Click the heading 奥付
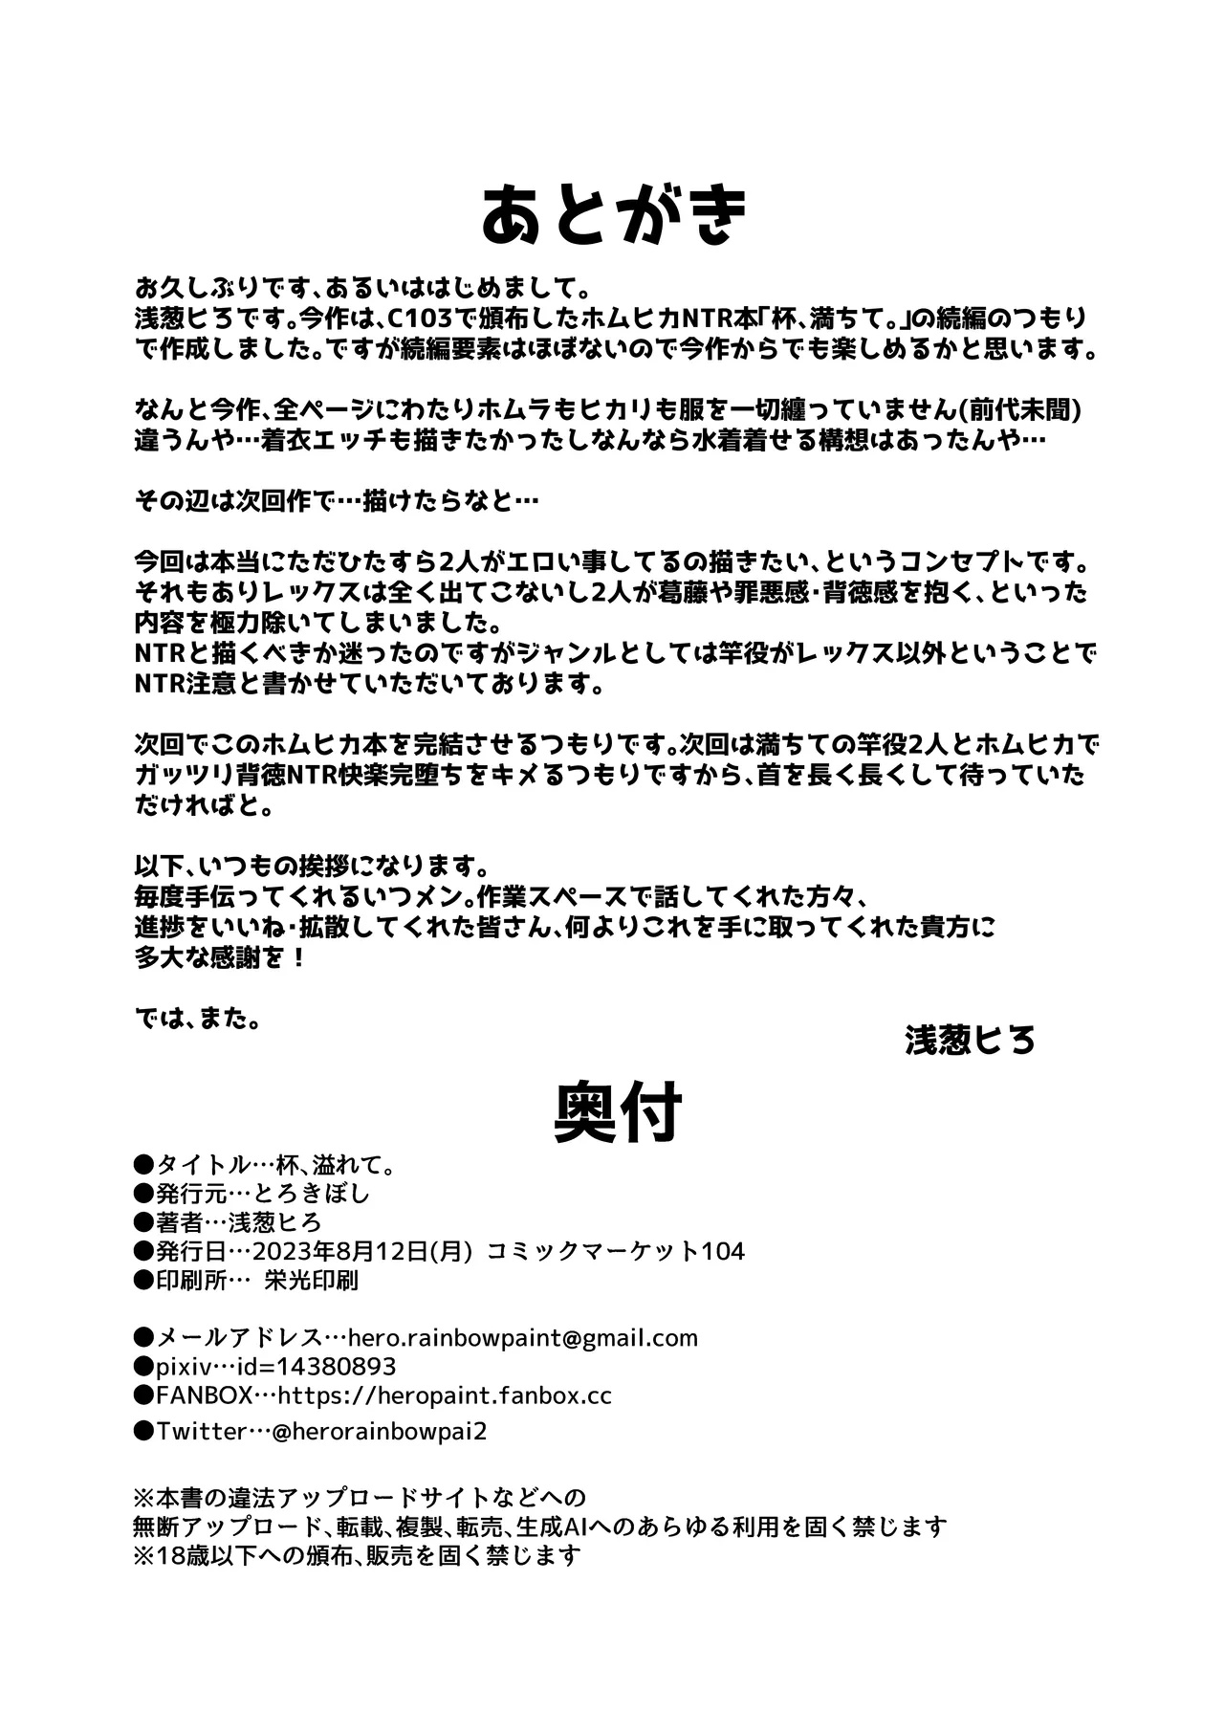pyautogui.click(x=618, y=1112)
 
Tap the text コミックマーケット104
pyautogui.click(x=616, y=1251)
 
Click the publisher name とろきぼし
pyautogui.click(x=319, y=1194)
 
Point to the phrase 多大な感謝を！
pyautogui.click(x=221, y=957)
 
